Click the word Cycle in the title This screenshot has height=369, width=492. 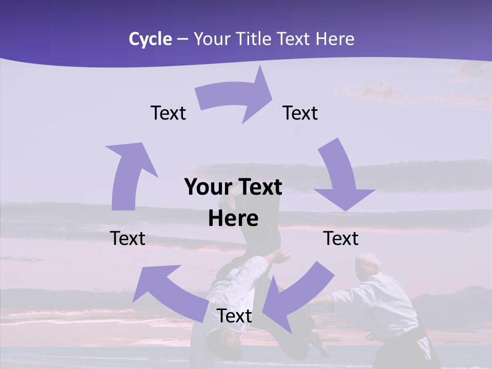point(150,39)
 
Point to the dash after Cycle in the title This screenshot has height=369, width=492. point(182,39)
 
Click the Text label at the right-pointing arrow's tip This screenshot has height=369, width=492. point(300,113)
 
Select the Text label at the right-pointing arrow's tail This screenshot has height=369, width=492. point(169,113)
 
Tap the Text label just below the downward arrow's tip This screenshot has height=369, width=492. point(341,238)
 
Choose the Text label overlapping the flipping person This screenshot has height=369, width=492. point(234,316)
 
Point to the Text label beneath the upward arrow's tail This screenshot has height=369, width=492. point(128,238)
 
